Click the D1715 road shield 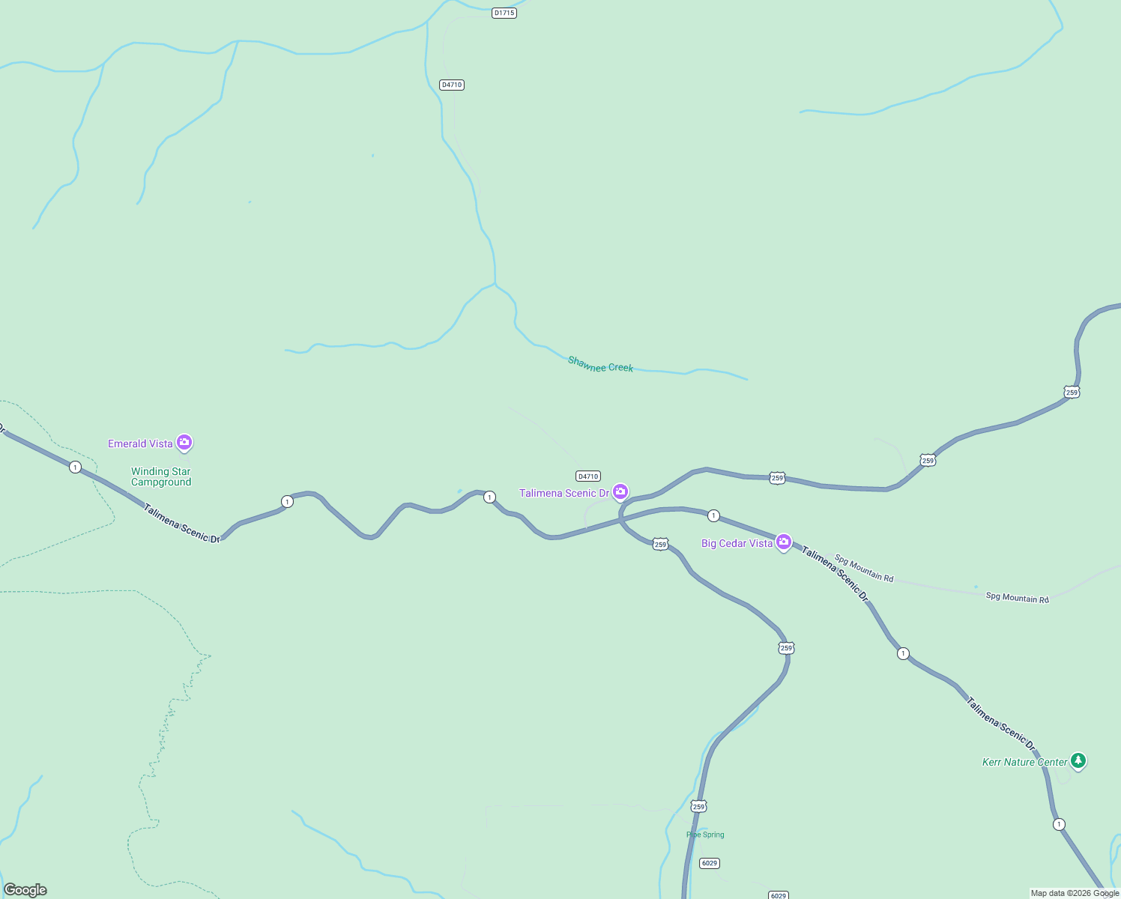coord(504,13)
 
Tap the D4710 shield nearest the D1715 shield coord(452,85)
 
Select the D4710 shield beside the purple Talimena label coord(588,476)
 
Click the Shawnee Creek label coord(601,365)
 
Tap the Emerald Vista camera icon coord(184,443)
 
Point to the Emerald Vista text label coord(140,444)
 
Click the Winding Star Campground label coord(161,476)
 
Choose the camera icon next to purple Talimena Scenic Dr coord(620,491)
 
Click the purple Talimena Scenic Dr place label coord(564,493)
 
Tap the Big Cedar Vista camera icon coord(784,542)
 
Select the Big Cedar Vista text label coord(737,543)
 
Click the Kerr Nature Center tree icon coord(1078,761)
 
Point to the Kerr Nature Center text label coord(1024,762)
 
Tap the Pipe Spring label coord(705,835)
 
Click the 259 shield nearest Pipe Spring coord(699,806)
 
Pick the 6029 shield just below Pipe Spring coord(710,863)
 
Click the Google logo coord(25,890)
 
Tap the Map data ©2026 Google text coord(1075,893)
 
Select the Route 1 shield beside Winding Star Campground coord(75,467)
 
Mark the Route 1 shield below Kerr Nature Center coord(1059,824)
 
